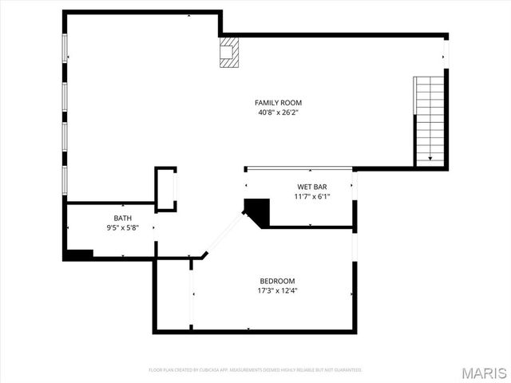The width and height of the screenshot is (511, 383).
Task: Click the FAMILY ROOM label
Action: pos(278,102)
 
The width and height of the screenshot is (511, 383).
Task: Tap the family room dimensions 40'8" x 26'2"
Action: pos(278,113)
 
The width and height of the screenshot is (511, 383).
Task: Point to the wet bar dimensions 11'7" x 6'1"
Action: pos(312,196)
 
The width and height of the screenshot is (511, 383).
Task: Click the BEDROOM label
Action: pos(277,281)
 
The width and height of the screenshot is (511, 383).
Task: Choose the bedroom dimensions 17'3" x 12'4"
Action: pos(277,290)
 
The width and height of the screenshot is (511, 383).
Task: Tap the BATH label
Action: pos(123,218)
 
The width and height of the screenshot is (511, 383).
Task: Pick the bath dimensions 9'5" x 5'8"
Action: pos(123,227)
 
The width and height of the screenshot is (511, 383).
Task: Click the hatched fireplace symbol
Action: pos(229,51)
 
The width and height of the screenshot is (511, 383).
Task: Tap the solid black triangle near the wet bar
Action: pos(258,211)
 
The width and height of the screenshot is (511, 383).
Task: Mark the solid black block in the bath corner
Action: pos(79,255)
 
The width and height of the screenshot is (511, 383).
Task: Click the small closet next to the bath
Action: pos(165,189)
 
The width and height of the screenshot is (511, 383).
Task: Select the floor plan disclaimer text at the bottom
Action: pos(255,370)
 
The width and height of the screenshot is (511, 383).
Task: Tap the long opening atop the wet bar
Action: pos(299,169)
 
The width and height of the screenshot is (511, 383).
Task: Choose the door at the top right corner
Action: pos(446,52)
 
